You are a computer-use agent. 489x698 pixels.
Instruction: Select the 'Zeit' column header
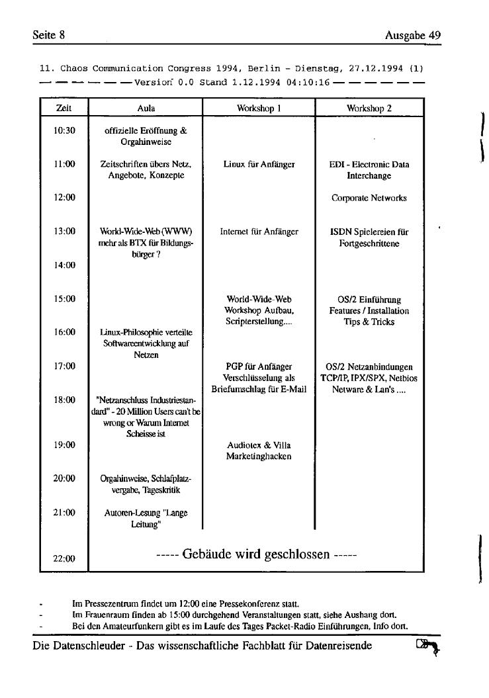[x=64, y=108]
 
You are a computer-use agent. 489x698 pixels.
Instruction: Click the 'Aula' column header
[x=146, y=108]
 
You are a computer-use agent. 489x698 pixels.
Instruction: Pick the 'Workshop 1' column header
[x=259, y=108]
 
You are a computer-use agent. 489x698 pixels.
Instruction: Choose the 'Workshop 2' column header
[x=369, y=108]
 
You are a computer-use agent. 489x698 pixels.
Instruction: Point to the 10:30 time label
[x=64, y=130]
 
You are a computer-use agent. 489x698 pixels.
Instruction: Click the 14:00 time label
[x=64, y=265]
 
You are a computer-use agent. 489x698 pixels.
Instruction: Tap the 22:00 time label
[x=64, y=558]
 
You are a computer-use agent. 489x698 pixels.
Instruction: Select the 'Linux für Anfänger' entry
[x=259, y=164]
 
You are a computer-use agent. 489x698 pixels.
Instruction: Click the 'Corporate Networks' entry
[x=369, y=198]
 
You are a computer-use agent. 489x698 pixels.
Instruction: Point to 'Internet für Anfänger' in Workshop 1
[x=259, y=232]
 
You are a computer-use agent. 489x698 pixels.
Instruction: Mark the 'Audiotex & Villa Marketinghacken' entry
[x=259, y=451]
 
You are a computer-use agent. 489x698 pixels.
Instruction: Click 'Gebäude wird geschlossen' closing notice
[x=255, y=554]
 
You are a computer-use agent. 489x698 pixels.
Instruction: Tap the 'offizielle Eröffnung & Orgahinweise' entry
[x=146, y=136]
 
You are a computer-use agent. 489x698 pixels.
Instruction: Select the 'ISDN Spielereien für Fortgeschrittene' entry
[x=369, y=238]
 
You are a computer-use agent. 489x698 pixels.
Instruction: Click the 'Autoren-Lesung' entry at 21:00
[x=146, y=517]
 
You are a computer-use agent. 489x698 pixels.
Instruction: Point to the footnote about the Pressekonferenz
[x=185, y=603]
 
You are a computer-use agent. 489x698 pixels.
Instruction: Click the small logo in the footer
[x=427, y=646]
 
